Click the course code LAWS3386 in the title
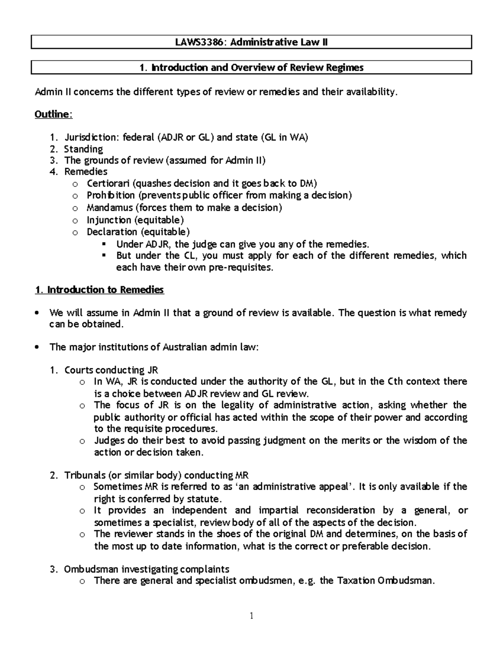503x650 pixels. coord(195,42)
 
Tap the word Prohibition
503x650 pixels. coord(111,195)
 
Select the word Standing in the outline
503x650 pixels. coord(83,149)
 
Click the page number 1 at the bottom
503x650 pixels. coord(251,615)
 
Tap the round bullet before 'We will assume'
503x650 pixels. coord(38,313)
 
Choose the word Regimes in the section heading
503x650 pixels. coord(347,67)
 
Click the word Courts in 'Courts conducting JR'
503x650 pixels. coord(78,370)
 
